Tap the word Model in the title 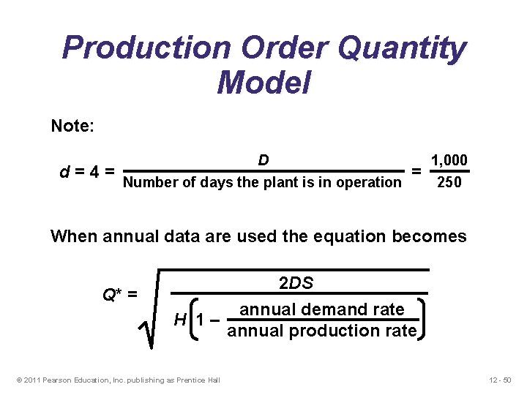(x=263, y=82)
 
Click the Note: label (x=72, y=126)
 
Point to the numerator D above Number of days (x=263, y=160)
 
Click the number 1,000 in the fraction (x=449, y=160)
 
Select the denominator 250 (x=449, y=182)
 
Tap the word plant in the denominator (x=280, y=182)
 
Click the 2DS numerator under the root (x=296, y=284)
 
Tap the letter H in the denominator (x=179, y=320)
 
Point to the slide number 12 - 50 (x=502, y=379)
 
